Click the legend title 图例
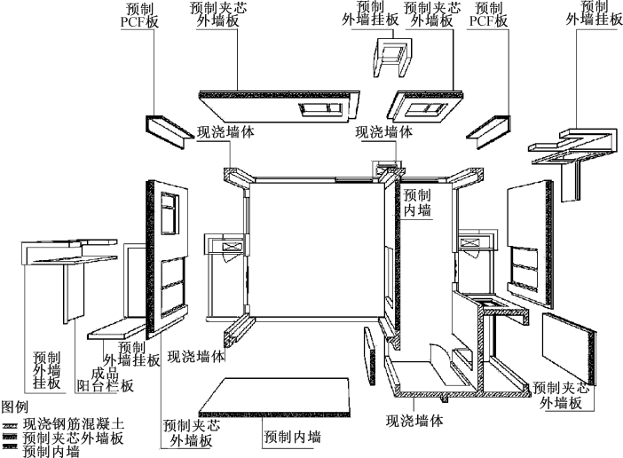(14, 406)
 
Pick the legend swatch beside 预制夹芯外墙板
(11, 438)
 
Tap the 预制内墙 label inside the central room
(416, 201)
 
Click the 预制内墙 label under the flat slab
(292, 437)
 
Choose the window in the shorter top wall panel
(422, 108)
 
